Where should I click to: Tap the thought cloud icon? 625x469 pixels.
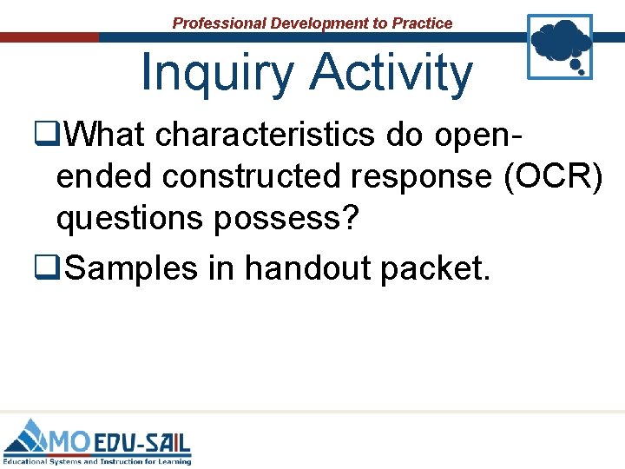click(560, 45)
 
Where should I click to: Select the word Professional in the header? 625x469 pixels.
click(220, 23)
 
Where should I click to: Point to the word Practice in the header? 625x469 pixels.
click(422, 23)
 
